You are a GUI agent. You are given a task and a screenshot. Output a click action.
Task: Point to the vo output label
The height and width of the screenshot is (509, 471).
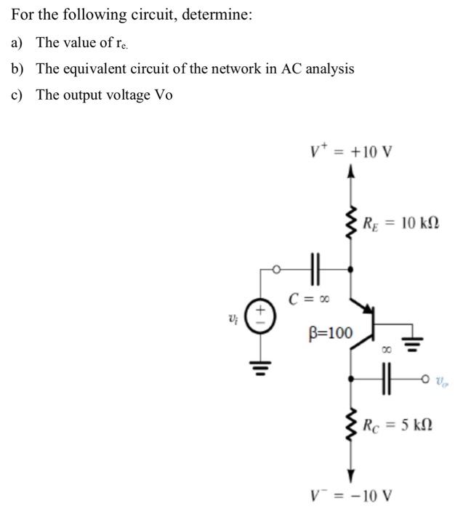[x=441, y=379]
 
